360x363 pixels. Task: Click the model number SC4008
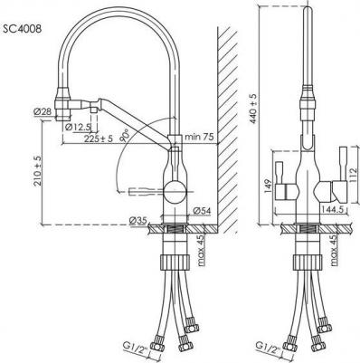click(22, 29)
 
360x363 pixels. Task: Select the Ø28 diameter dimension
click(43, 112)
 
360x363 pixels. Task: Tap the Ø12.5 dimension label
click(78, 127)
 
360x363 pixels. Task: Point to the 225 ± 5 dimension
click(99, 139)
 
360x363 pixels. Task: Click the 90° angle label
click(124, 135)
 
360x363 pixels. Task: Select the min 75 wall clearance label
click(199, 137)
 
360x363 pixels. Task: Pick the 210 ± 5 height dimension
click(38, 171)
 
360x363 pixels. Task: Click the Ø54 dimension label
click(202, 211)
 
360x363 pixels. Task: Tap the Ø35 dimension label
click(137, 221)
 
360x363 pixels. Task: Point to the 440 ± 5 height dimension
click(253, 109)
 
